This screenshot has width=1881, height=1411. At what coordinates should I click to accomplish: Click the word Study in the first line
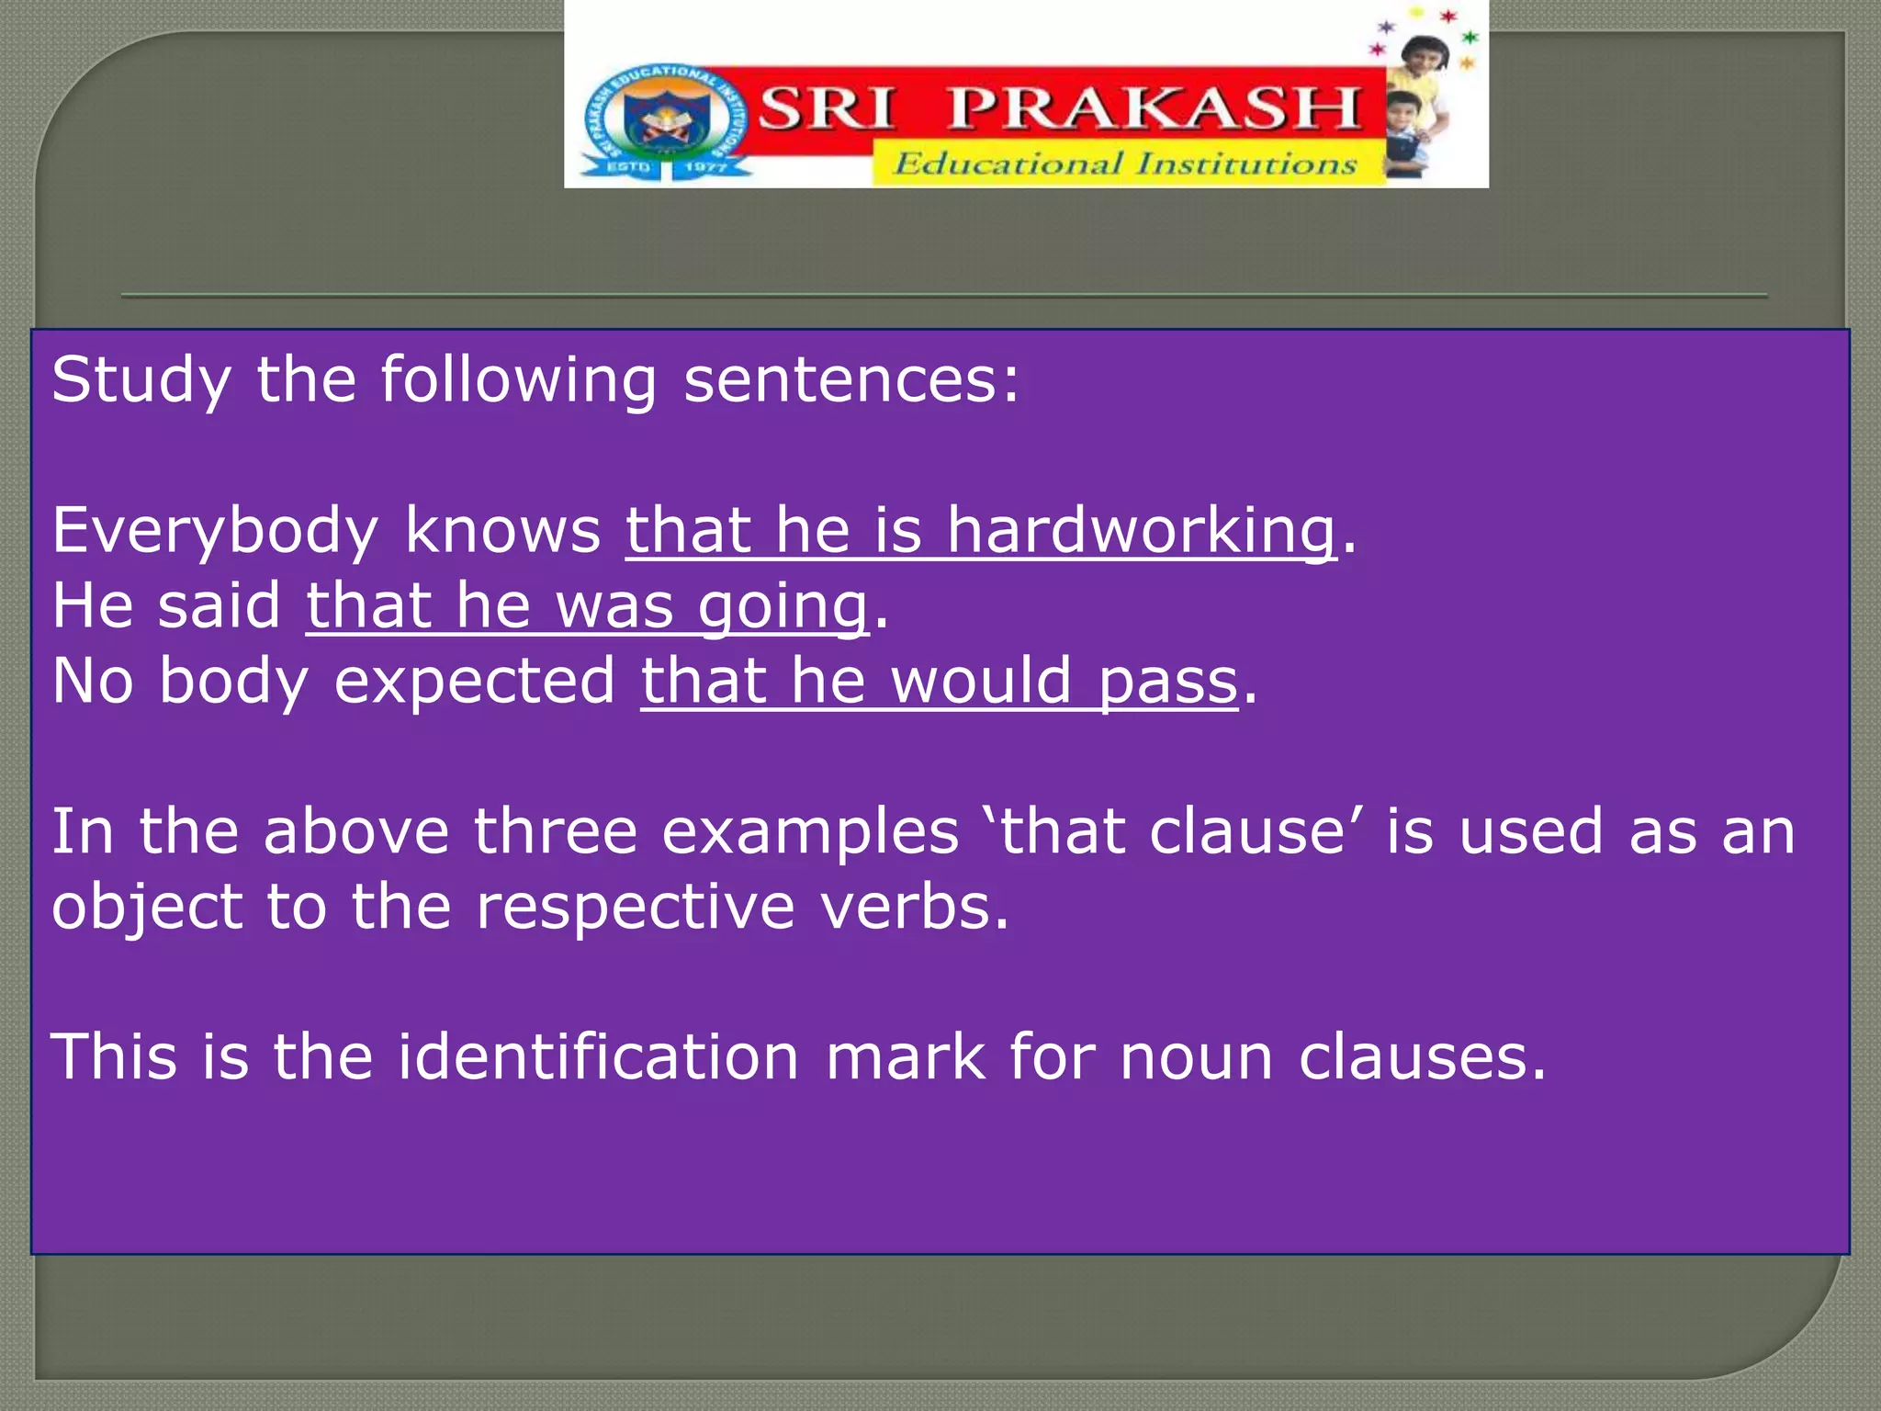141,379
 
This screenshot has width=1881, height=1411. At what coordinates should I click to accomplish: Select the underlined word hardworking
1141,530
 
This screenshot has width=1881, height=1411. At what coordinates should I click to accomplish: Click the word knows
502,530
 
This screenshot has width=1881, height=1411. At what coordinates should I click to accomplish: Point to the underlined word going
783,606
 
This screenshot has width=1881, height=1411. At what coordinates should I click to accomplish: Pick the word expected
474,682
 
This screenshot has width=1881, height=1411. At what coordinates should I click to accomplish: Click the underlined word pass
1168,682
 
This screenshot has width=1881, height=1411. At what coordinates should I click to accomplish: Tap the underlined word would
981,682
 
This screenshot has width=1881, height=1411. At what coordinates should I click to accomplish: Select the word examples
810,831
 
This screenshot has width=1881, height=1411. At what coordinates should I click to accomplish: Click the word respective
636,907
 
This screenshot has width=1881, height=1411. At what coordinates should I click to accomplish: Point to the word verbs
915,907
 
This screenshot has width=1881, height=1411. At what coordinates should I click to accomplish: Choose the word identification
598,1056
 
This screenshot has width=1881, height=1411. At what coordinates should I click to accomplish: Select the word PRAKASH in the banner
1154,108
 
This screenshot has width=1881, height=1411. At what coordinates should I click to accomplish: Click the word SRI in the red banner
825,108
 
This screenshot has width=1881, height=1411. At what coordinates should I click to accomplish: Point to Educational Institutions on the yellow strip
1126,164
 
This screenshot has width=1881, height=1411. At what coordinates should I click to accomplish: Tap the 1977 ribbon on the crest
706,167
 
